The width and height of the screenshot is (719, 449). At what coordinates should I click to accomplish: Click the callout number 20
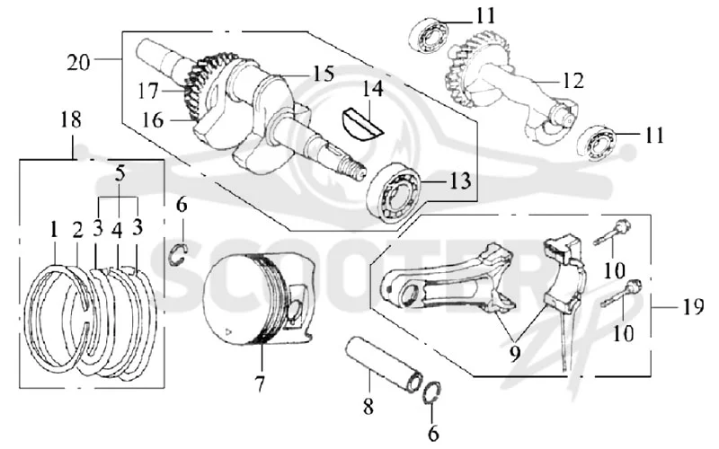78,62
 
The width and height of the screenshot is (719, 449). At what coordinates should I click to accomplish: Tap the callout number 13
460,181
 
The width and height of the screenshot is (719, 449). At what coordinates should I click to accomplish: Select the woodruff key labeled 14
362,122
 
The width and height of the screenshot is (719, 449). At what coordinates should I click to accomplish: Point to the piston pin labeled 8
386,365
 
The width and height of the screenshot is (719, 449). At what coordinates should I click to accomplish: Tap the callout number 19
693,307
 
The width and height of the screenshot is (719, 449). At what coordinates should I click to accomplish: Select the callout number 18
71,120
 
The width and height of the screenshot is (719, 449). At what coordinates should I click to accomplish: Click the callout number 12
573,81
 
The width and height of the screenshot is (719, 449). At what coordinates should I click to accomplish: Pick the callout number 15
324,74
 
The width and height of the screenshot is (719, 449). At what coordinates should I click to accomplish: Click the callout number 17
148,92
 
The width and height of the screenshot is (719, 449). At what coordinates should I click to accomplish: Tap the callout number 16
153,120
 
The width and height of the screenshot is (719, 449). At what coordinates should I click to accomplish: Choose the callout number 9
515,353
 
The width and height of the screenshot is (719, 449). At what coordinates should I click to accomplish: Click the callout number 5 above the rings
120,174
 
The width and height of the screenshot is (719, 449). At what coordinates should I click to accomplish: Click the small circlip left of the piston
179,255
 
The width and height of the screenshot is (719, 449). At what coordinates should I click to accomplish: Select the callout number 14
372,89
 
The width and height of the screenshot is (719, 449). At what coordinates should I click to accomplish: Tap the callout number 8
368,407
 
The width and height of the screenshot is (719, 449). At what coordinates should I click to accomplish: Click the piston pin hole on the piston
294,312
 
